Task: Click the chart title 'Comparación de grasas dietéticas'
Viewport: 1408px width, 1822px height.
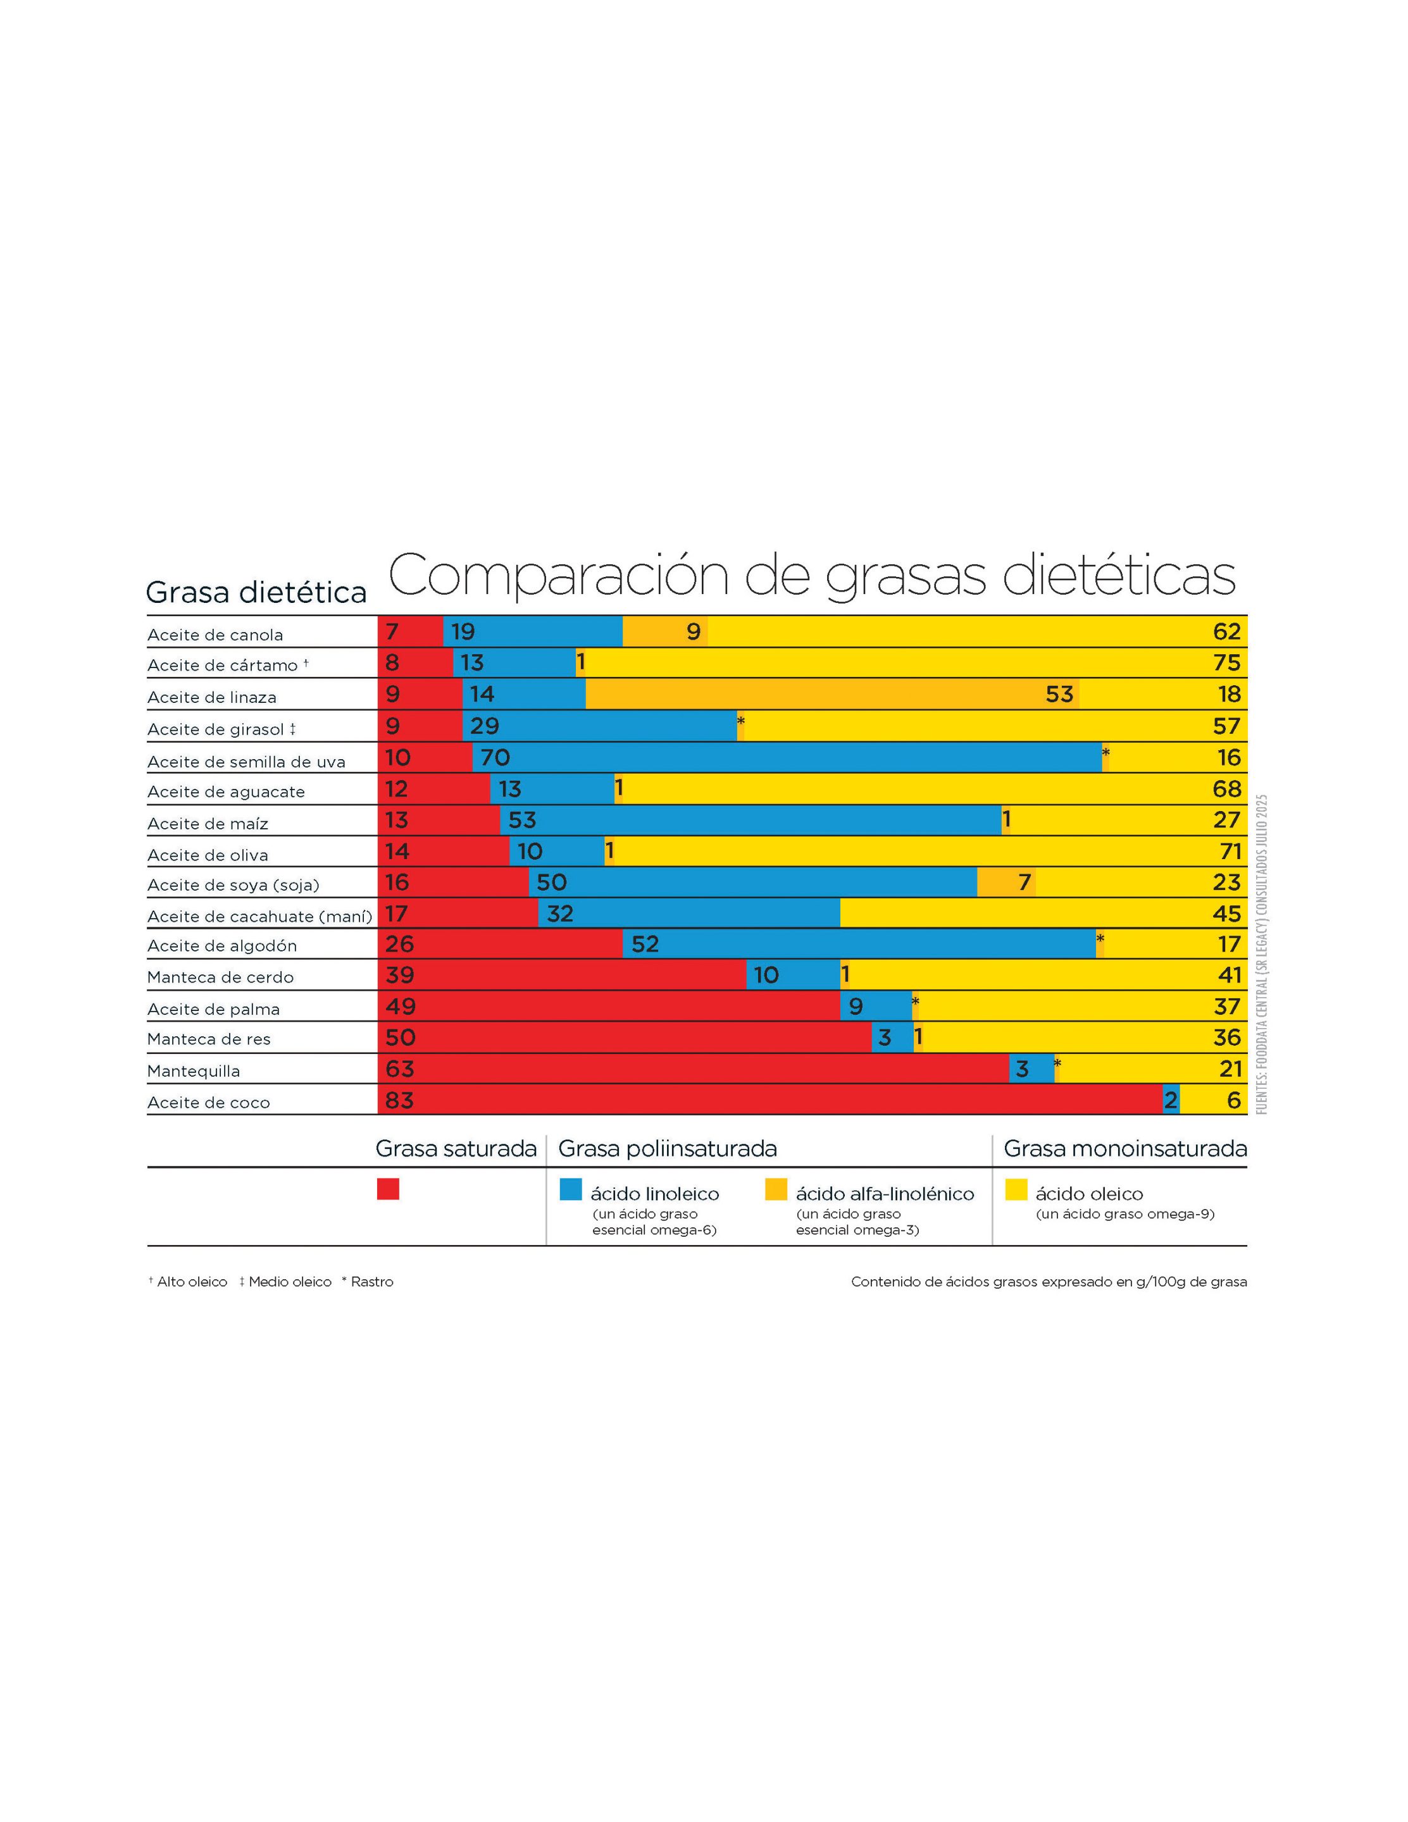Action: coord(811,575)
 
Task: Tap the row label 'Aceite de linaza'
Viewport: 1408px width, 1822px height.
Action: coord(211,697)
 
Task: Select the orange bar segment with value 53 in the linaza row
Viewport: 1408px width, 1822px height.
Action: coord(832,694)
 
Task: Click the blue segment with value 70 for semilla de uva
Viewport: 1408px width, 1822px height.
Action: coord(786,757)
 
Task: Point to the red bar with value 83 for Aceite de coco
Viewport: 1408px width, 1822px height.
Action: coord(769,1100)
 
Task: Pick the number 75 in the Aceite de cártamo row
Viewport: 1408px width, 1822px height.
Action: coord(1226,662)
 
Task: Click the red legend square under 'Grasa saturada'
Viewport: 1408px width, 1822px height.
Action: coord(387,1189)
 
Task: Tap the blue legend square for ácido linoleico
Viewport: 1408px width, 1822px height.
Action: coord(570,1189)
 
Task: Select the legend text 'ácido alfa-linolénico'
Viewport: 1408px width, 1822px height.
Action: coord(885,1194)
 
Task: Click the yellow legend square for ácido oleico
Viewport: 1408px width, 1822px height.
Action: coord(1016,1189)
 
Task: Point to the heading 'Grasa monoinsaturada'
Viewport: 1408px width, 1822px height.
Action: coord(1125,1149)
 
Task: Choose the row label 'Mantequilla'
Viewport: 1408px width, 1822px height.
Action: coord(193,1070)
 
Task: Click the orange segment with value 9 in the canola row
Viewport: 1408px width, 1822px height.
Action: coord(664,631)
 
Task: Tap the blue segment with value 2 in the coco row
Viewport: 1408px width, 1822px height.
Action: coord(1170,1100)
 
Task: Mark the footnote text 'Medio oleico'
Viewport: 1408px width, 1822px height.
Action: coord(290,1281)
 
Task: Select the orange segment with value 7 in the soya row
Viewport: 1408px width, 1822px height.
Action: coord(1006,882)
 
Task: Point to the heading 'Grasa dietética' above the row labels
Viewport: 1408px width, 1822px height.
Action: coord(256,592)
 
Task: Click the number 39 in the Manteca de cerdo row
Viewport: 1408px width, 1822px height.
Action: coord(400,974)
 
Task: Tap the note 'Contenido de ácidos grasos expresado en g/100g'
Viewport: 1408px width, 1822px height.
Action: coord(1049,1281)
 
